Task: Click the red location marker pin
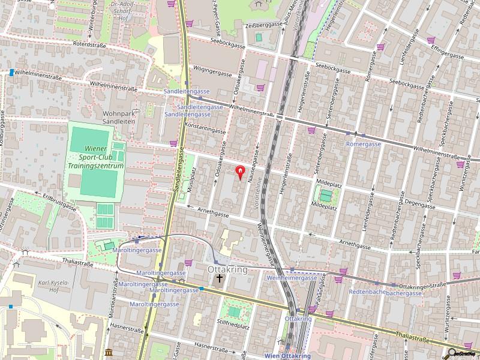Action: pyautogui.click(x=240, y=173)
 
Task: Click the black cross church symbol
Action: pyautogui.click(x=220, y=278)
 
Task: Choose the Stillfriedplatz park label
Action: pyautogui.click(x=233, y=326)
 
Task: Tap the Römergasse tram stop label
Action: pyautogui.click(x=364, y=144)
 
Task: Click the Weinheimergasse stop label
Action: pyautogui.click(x=292, y=278)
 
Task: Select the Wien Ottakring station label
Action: pyautogui.click(x=287, y=356)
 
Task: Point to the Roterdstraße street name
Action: pyautogui.click(x=89, y=44)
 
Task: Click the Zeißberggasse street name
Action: pyautogui.click(x=263, y=25)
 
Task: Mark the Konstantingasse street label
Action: pyautogui.click(x=205, y=128)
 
